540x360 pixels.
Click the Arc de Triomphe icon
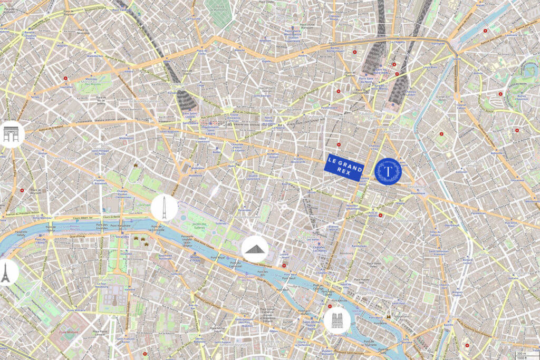tap(11, 134)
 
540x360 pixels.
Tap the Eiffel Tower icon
tap(6, 273)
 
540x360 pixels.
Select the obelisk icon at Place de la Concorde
tap(164, 208)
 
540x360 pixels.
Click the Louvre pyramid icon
tap(255, 248)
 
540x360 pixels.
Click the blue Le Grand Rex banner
tap(344, 167)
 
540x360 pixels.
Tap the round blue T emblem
tap(388, 171)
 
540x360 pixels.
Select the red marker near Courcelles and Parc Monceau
tap(65, 78)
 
